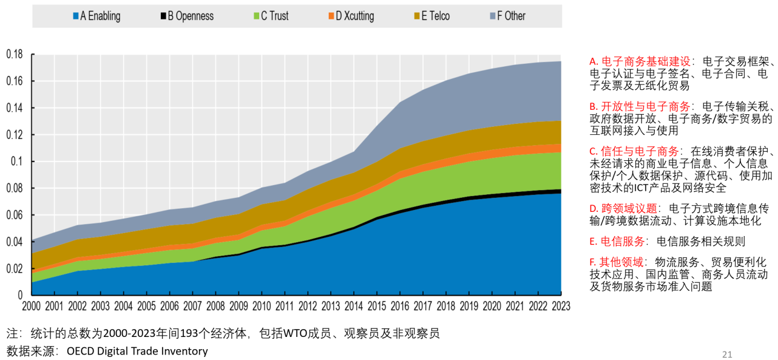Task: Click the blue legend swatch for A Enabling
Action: point(75,16)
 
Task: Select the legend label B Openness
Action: point(191,16)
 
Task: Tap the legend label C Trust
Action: point(275,16)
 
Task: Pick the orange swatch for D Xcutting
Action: point(331,16)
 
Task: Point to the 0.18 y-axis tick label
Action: point(15,55)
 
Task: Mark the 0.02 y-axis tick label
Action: point(15,268)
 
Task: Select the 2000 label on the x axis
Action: point(32,306)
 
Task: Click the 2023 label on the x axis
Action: point(560,306)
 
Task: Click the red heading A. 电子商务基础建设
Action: point(640,61)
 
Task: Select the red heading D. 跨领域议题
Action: point(623,209)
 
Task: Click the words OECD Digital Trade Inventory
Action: point(137,351)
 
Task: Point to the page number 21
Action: point(727,355)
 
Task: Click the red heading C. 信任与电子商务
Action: point(634,151)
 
